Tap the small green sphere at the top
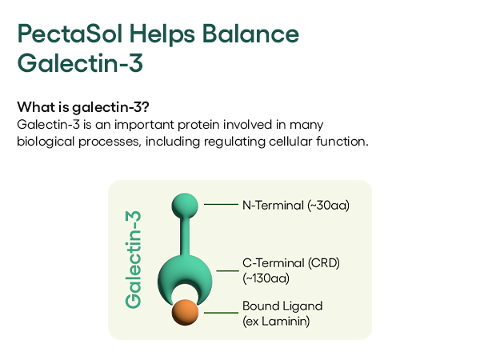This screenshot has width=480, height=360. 185,206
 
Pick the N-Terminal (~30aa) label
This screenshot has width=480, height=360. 296,205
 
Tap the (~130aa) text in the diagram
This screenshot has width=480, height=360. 266,278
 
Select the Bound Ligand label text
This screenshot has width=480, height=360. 282,306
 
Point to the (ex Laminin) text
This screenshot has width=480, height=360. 276,321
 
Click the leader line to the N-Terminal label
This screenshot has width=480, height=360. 221,205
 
